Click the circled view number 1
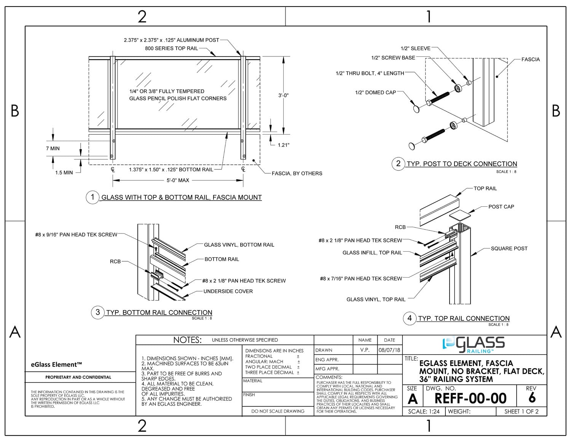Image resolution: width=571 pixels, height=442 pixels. (x=93, y=197)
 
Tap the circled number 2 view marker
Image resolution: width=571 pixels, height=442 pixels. (x=398, y=164)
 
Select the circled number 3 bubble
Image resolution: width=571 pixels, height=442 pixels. (x=98, y=312)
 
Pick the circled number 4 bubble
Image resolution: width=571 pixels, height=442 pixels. (x=410, y=318)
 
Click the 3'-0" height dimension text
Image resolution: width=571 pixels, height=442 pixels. (x=283, y=95)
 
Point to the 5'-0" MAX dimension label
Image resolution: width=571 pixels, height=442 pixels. (x=178, y=180)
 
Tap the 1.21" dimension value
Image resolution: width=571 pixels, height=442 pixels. (x=284, y=145)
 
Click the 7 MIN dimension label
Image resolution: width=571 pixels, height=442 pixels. (x=53, y=148)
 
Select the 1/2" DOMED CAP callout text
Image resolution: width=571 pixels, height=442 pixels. (x=375, y=92)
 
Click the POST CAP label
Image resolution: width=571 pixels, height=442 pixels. (x=501, y=207)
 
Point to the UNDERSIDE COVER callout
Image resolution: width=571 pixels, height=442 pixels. (x=228, y=291)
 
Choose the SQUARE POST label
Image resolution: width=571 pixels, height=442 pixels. (x=509, y=249)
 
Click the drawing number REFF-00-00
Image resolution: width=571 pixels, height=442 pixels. (x=471, y=398)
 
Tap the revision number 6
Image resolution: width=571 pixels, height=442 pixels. (x=532, y=397)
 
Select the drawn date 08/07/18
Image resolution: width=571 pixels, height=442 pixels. (x=389, y=350)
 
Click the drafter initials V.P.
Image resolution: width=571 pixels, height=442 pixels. (x=365, y=350)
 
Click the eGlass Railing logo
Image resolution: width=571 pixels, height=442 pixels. (x=474, y=345)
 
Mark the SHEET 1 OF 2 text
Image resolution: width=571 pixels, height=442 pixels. (x=522, y=411)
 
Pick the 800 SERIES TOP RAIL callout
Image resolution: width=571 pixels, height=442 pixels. (x=171, y=48)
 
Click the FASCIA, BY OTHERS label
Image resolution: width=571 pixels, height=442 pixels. (x=297, y=174)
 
